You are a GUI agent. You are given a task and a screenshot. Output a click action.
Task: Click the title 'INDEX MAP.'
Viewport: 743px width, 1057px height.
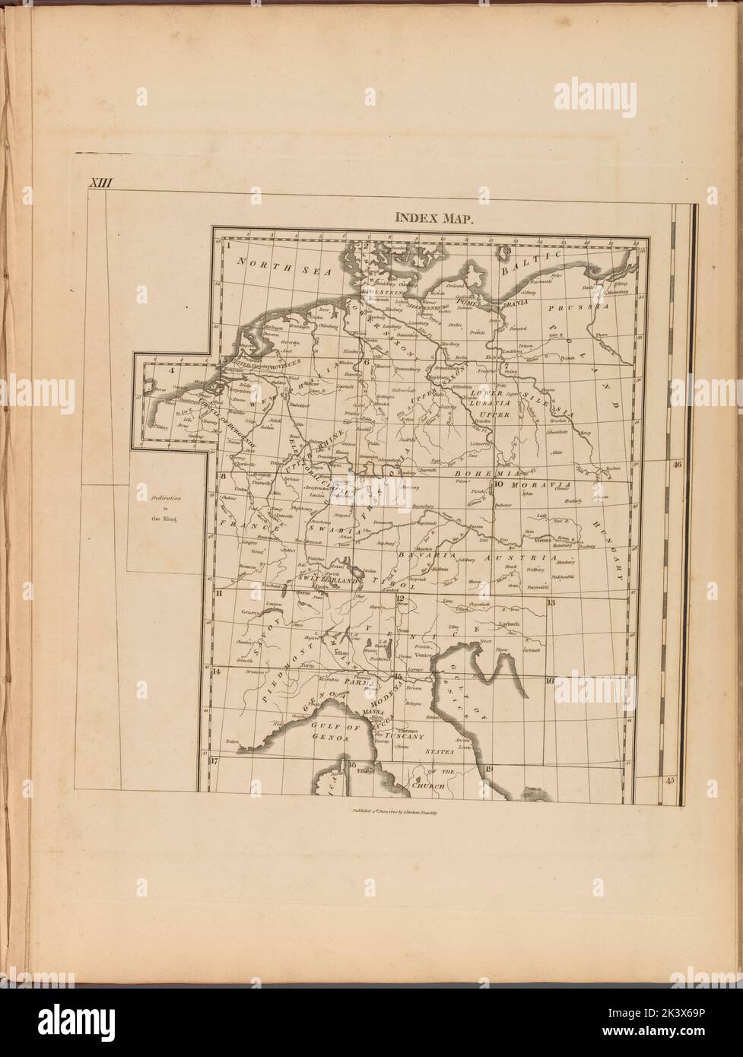(x=434, y=218)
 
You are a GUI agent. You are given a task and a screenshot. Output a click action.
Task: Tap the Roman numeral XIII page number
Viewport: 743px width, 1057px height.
(x=99, y=183)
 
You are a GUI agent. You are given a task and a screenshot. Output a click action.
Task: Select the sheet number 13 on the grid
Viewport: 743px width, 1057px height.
(x=551, y=602)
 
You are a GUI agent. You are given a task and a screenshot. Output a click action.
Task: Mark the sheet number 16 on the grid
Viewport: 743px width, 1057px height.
(x=549, y=681)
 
